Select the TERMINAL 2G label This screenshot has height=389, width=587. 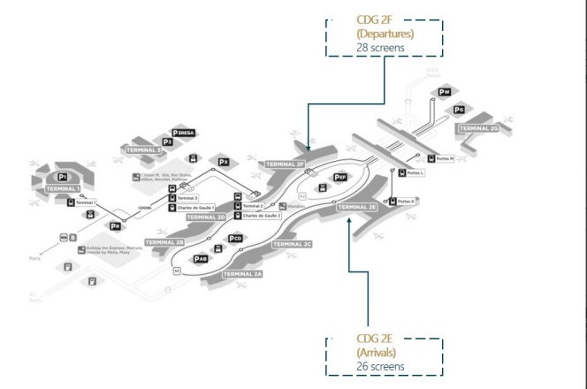coord(478,128)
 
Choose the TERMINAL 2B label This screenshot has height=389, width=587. coord(164,242)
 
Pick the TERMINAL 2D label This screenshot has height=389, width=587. coord(208,217)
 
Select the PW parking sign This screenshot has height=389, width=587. coord(445,92)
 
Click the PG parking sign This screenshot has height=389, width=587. coord(458,110)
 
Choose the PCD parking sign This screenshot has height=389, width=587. coord(235,239)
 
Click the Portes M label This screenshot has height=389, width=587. coord(444,159)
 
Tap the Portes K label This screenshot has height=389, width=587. coord(406,202)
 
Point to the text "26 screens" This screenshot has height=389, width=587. coord(380,365)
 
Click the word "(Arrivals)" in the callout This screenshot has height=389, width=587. coord(377,352)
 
